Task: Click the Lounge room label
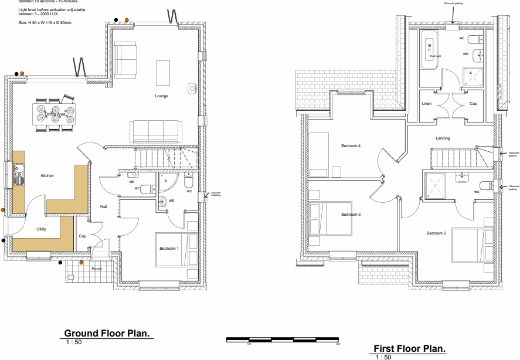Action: coord(162,96)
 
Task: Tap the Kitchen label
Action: coord(47,176)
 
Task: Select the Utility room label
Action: coord(42,229)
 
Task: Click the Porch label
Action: coord(97,269)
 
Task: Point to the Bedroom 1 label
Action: coord(169,249)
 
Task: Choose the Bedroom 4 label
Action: coord(351,145)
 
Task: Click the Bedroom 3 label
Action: coord(351,215)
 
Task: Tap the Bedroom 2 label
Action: coord(436,233)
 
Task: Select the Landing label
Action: coord(443,138)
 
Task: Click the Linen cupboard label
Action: coord(427,104)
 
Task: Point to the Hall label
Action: coord(104,207)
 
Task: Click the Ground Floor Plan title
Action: coord(107,334)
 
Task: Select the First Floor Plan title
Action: coord(410,348)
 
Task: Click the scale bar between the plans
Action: coord(283,339)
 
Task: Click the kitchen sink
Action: coord(19,174)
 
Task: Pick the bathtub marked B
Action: coord(430,50)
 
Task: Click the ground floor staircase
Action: coord(166,157)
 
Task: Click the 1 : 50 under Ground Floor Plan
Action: coord(74,342)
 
